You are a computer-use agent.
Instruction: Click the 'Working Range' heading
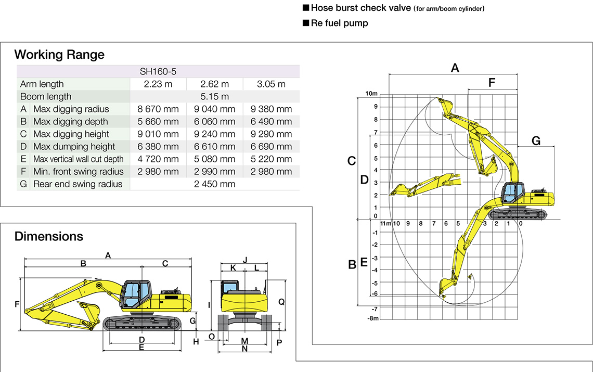coord(59,55)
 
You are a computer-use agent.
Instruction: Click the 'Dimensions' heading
coord(49,236)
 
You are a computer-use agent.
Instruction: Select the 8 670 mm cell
coord(158,109)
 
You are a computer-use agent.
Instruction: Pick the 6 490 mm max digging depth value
coord(271,122)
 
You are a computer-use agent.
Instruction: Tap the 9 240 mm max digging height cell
coord(214,134)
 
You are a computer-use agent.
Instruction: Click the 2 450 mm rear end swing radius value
coord(214,184)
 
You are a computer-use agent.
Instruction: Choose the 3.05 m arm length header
coord(271,84)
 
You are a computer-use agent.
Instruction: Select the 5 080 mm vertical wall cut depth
coord(214,159)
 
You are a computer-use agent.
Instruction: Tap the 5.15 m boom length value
coord(214,97)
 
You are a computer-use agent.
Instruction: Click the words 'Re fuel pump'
coord(339,23)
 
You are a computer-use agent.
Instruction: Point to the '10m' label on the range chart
coord(371,94)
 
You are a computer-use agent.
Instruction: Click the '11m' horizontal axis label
coord(385,224)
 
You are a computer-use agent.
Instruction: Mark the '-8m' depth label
coord(372,318)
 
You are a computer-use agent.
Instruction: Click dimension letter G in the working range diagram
coord(536,141)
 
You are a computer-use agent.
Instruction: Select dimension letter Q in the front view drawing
coord(281,302)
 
